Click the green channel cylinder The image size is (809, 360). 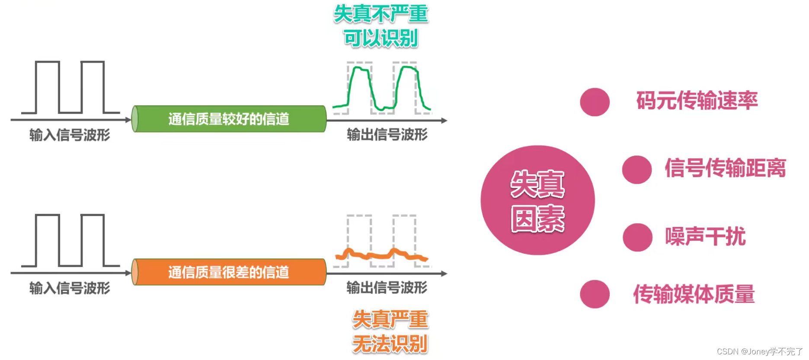pyautogui.click(x=229, y=119)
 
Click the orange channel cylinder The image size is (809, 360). pyautogui.click(x=229, y=272)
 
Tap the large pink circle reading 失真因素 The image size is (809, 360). pyautogui.click(x=537, y=200)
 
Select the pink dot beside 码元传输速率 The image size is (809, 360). pyautogui.click(x=595, y=102)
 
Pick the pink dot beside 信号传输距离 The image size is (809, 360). pyautogui.click(x=636, y=169)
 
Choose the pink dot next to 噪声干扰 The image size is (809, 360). pyautogui.click(x=637, y=237)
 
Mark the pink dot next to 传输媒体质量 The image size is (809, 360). pyautogui.click(x=595, y=294)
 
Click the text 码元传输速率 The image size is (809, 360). pyautogui.click(x=697, y=101)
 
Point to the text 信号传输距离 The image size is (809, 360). pyautogui.click(x=725, y=168)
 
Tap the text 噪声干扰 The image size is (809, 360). pyautogui.click(x=705, y=236)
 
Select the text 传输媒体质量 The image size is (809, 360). pyautogui.click(x=694, y=294)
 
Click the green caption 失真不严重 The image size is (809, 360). pyautogui.click(x=381, y=14)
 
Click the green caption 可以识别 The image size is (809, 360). pyautogui.click(x=381, y=38)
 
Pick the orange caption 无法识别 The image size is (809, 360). pyautogui.click(x=390, y=344)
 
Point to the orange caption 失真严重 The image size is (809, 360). pyautogui.click(x=390, y=320)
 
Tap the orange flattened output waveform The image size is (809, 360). pyautogui.click(x=381, y=255)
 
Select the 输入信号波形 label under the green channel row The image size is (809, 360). pyautogui.click(x=70, y=135)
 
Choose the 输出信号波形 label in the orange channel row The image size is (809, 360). pyautogui.click(x=387, y=287)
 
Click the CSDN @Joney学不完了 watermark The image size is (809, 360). pyautogui.click(x=759, y=351)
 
